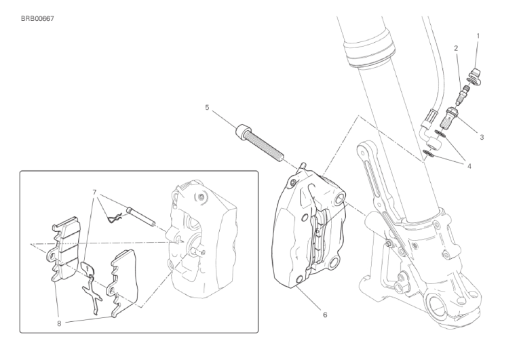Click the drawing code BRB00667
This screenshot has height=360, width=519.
[37, 19]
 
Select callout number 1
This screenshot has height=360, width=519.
[478, 35]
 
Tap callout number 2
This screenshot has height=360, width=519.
[456, 48]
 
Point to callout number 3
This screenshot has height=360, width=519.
[482, 137]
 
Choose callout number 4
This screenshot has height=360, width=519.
[469, 166]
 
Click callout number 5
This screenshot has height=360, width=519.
[207, 108]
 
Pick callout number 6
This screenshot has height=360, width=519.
[325, 315]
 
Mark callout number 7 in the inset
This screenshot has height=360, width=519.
[94, 193]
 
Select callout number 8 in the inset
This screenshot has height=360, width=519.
[59, 323]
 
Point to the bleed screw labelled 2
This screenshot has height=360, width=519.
[462, 94]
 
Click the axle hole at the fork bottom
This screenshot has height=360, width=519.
[437, 306]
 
